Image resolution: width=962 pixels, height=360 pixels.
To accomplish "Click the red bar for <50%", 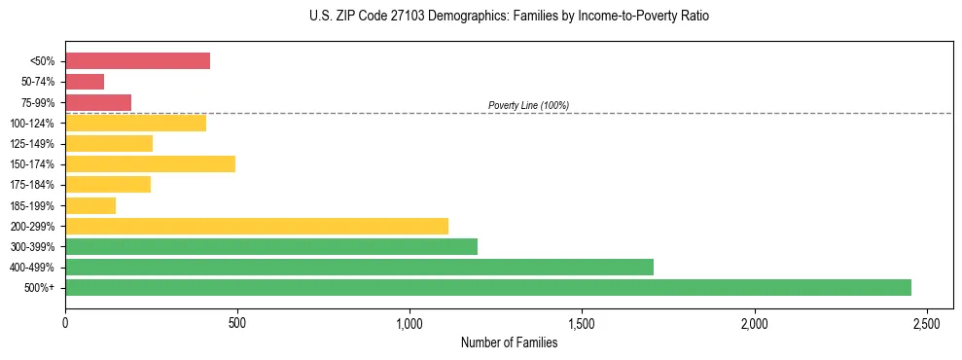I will pos(137,61).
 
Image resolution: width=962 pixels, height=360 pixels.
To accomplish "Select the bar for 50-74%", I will pos(85,82).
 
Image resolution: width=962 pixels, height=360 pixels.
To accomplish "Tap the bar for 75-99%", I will pos(98,102).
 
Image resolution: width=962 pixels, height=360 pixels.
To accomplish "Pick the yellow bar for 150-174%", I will pos(150,163).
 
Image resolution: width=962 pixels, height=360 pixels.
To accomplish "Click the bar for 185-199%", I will pos(90,205).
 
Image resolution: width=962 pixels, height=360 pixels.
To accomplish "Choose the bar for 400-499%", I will pos(359,267).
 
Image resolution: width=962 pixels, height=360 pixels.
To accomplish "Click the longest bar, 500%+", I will pos(488,287).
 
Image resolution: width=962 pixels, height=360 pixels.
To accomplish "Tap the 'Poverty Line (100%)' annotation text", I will pos(528,105).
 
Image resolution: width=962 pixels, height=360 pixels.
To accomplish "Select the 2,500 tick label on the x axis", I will pos(926,322).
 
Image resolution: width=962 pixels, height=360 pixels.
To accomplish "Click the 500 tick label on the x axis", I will pos(237,322).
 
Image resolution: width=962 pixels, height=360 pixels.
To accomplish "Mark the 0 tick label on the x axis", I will pos(65,322).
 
